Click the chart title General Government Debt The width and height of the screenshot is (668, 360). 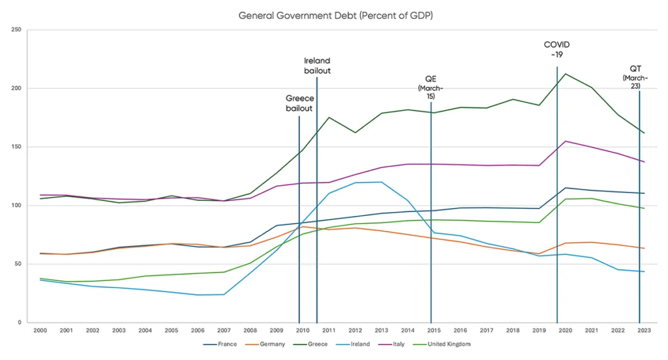334,14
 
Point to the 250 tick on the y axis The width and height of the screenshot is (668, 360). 16,30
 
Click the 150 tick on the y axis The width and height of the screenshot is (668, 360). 16,147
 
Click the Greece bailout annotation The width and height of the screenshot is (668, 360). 299,103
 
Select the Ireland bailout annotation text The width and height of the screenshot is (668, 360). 317,66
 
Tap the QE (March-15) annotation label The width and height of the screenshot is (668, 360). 431,87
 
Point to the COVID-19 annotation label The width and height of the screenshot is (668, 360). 556,50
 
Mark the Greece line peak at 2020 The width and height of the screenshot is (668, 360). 564,74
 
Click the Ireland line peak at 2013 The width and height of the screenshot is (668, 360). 381,182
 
